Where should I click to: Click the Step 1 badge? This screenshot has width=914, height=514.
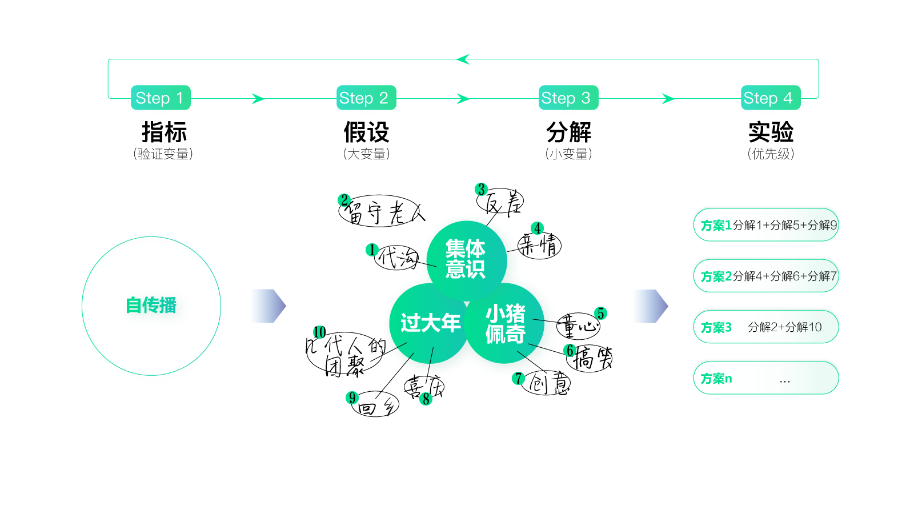160,98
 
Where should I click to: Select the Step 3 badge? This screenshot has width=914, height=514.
568,98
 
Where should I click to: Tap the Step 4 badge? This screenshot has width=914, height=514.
770,98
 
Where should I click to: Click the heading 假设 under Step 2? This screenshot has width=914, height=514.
366,132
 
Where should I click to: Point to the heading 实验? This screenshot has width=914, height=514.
771,132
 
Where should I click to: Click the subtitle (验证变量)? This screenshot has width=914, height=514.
163,154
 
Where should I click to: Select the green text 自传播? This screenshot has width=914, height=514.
151,305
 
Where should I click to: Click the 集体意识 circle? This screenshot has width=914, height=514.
466,259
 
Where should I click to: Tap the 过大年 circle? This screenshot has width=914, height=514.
430,323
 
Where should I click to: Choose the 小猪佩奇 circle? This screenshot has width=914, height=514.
505,324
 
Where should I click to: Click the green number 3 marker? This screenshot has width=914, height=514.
481,189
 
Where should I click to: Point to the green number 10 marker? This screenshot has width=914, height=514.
319,332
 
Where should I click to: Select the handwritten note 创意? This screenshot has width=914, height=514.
548,383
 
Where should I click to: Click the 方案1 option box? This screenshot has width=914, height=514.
765,225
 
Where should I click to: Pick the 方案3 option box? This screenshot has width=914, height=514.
765,327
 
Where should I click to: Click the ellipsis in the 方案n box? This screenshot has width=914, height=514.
785,380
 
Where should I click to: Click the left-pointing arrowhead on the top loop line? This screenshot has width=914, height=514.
463,59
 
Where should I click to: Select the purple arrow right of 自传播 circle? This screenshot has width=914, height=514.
268,306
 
